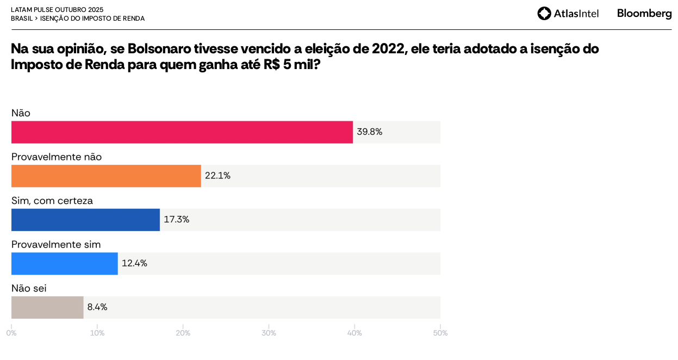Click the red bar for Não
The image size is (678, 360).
pyautogui.click(x=182, y=132)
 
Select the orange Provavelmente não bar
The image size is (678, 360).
pyautogui.click(x=106, y=176)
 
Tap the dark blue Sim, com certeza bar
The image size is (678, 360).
pyautogui.click(x=85, y=220)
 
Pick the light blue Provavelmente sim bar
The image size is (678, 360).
pyautogui.click(x=65, y=264)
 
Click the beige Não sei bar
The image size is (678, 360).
pyautogui.click(x=47, y=307)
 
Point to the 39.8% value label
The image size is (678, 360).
pyautogui.click(x=370, y=132)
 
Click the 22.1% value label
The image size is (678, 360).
pyautogui.click(x=217, y=176)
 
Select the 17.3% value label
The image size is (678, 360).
pyautogui.click(x=177, y=220)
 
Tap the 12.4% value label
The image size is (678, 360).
pyautogui.click(x=134, y=263)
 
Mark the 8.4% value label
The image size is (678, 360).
pyautogui.click(x=97, y=307)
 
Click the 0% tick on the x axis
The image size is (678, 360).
pyautogui.click(x=11, y=333)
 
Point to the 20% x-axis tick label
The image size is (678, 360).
pyautogui.click(x=183, y=333)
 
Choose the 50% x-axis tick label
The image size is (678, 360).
pyautogui.click(x=440, y=333)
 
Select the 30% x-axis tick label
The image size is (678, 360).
pyautogui.click(x=269, y=333)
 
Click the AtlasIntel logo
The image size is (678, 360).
pyautogui.click(x=568, y=14)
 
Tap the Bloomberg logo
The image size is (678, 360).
pyautogui.click(x=644, y=14)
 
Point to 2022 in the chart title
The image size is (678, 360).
pyautogui.click(x=388, y=49)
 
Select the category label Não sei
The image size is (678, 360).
pyautogui.click(x=29, y=288)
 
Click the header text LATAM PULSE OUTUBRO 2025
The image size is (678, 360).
pyautogui.click(x=57, y=10)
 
